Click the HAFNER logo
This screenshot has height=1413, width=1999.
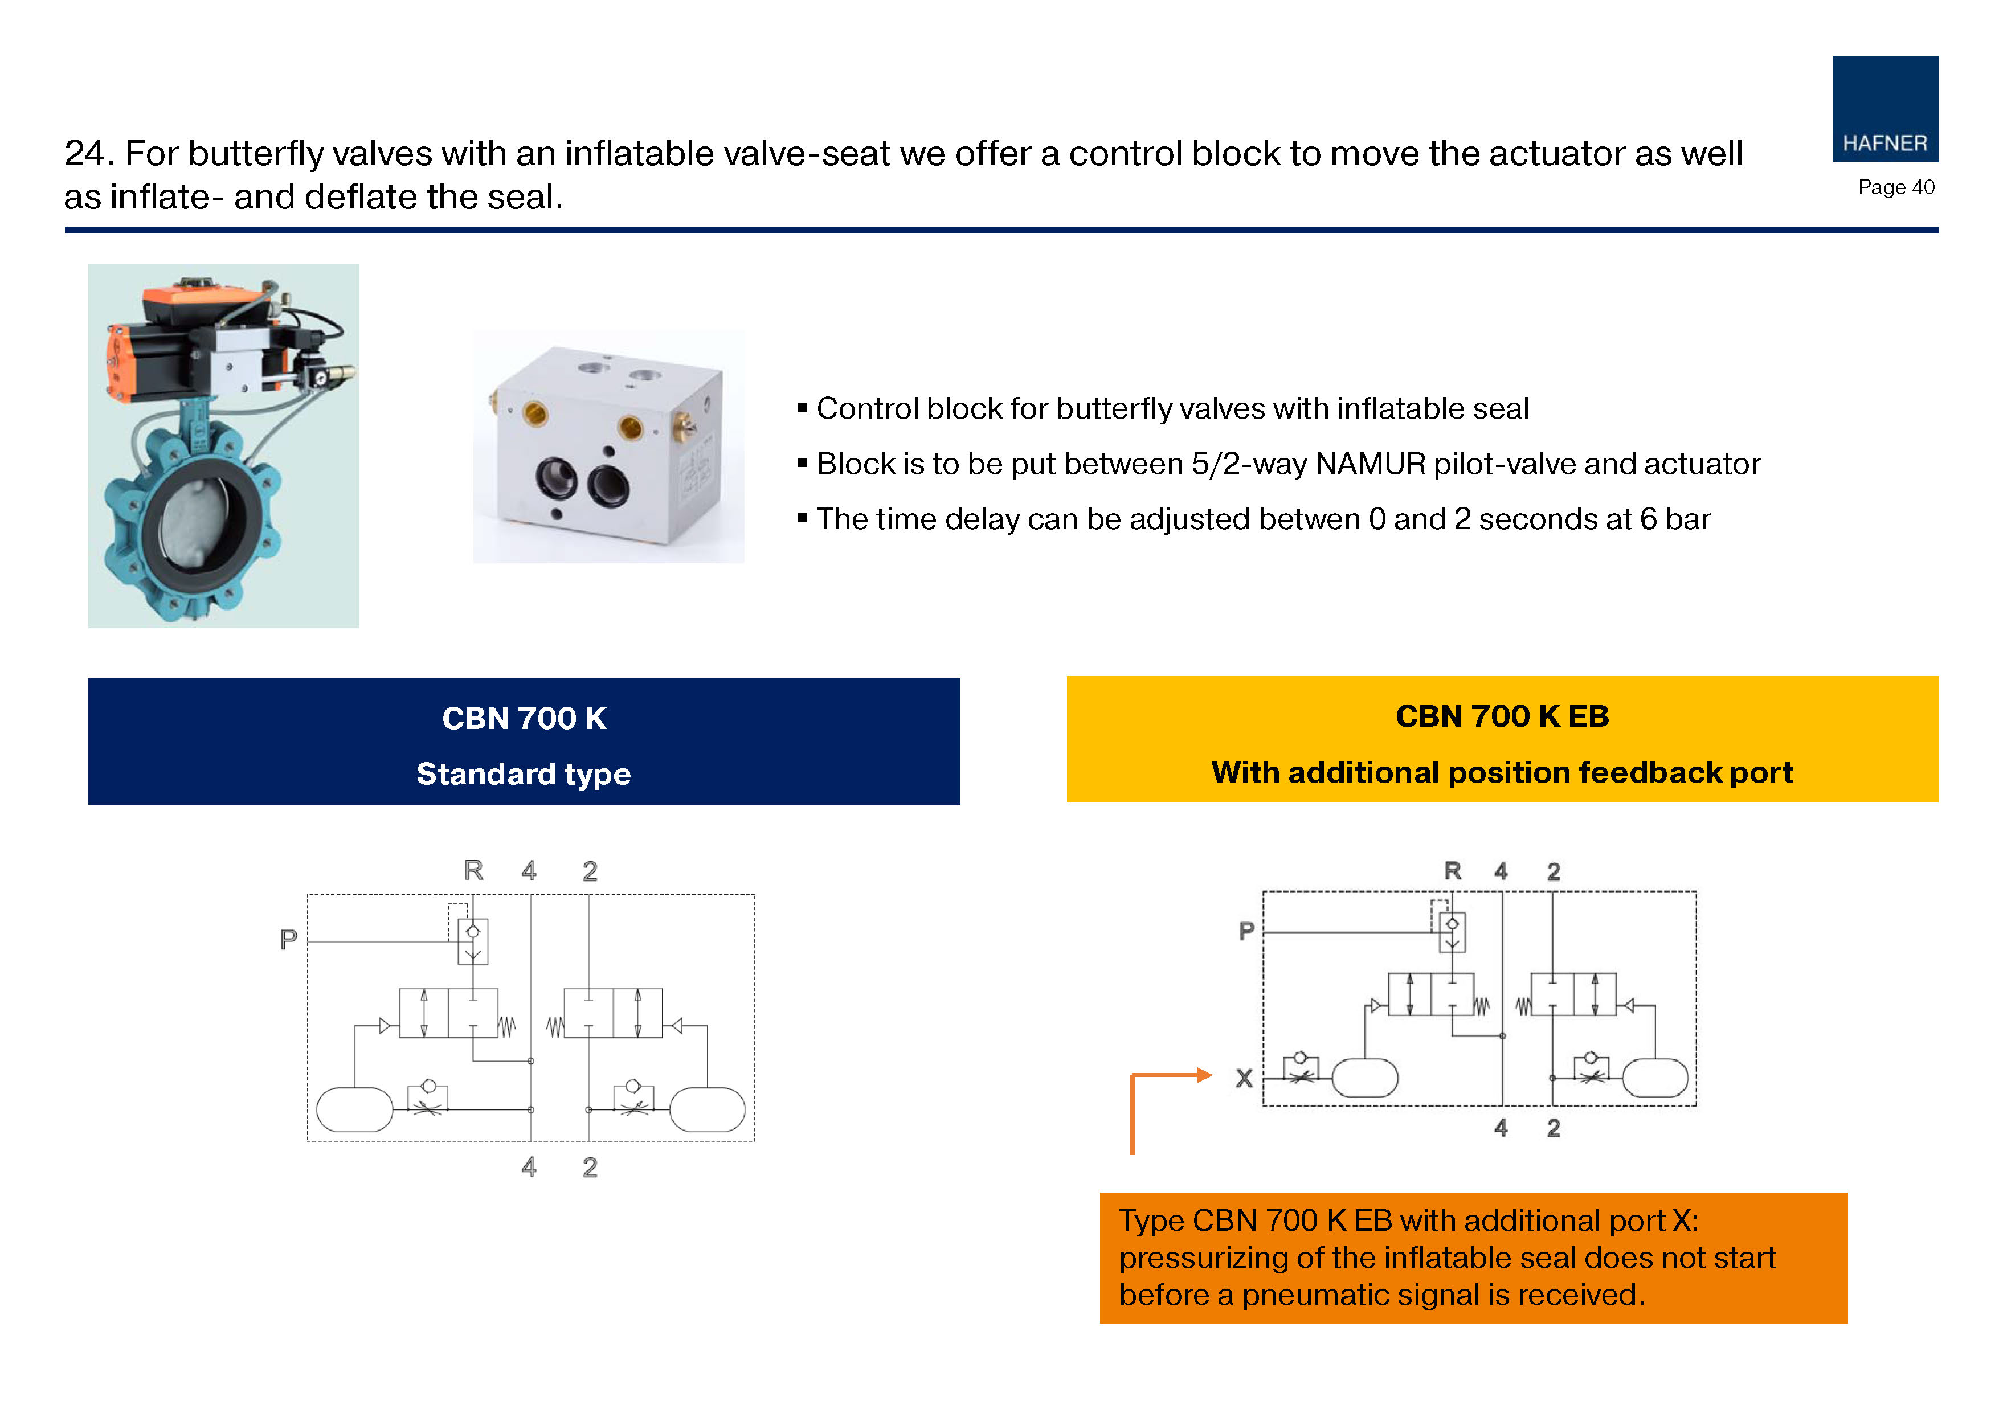point(1885,109)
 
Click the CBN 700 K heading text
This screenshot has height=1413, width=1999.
point(524,718)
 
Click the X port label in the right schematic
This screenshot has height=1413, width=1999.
point(1244,1078)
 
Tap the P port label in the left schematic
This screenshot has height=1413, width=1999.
point(288,939)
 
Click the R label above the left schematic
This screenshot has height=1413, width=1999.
point(473,870)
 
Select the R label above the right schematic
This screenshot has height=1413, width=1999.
point(1452,871)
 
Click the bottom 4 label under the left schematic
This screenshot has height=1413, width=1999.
point(529,1166)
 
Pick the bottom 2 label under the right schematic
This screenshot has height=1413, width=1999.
point(1554,1128)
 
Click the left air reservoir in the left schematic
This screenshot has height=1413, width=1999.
point(354,1109)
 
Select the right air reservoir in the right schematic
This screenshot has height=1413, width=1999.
point(1655,1078)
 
